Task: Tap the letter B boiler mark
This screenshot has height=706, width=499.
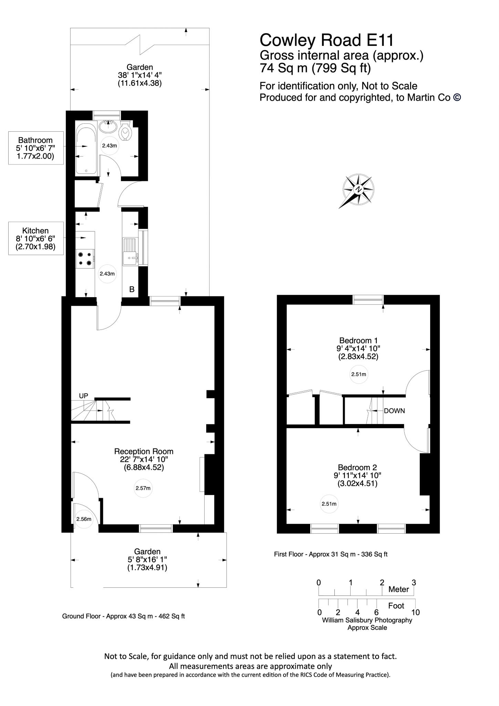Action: pos(132,290)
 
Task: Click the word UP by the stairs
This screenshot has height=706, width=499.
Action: pos(83,396)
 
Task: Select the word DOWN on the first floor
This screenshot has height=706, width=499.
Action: pos(394,411)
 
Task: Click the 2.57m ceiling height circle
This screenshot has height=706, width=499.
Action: pos(143,488)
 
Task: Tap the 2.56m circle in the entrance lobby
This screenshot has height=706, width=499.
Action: pos(84,519)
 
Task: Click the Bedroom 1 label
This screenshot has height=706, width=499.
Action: pos(358,341)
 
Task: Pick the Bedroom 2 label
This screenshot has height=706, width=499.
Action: pos(357,467)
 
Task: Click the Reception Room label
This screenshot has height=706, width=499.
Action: pos(144,451)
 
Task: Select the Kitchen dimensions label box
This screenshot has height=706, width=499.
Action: pos(36,238)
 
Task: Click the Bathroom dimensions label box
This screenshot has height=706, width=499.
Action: pos(36,148)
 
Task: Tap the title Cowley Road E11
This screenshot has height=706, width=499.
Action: pos(326,40)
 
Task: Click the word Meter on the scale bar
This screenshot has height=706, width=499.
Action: pos(398,589)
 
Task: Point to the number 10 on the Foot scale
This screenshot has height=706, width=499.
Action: pos(415,612)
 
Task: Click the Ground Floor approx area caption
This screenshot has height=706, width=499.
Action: pos(123,616)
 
